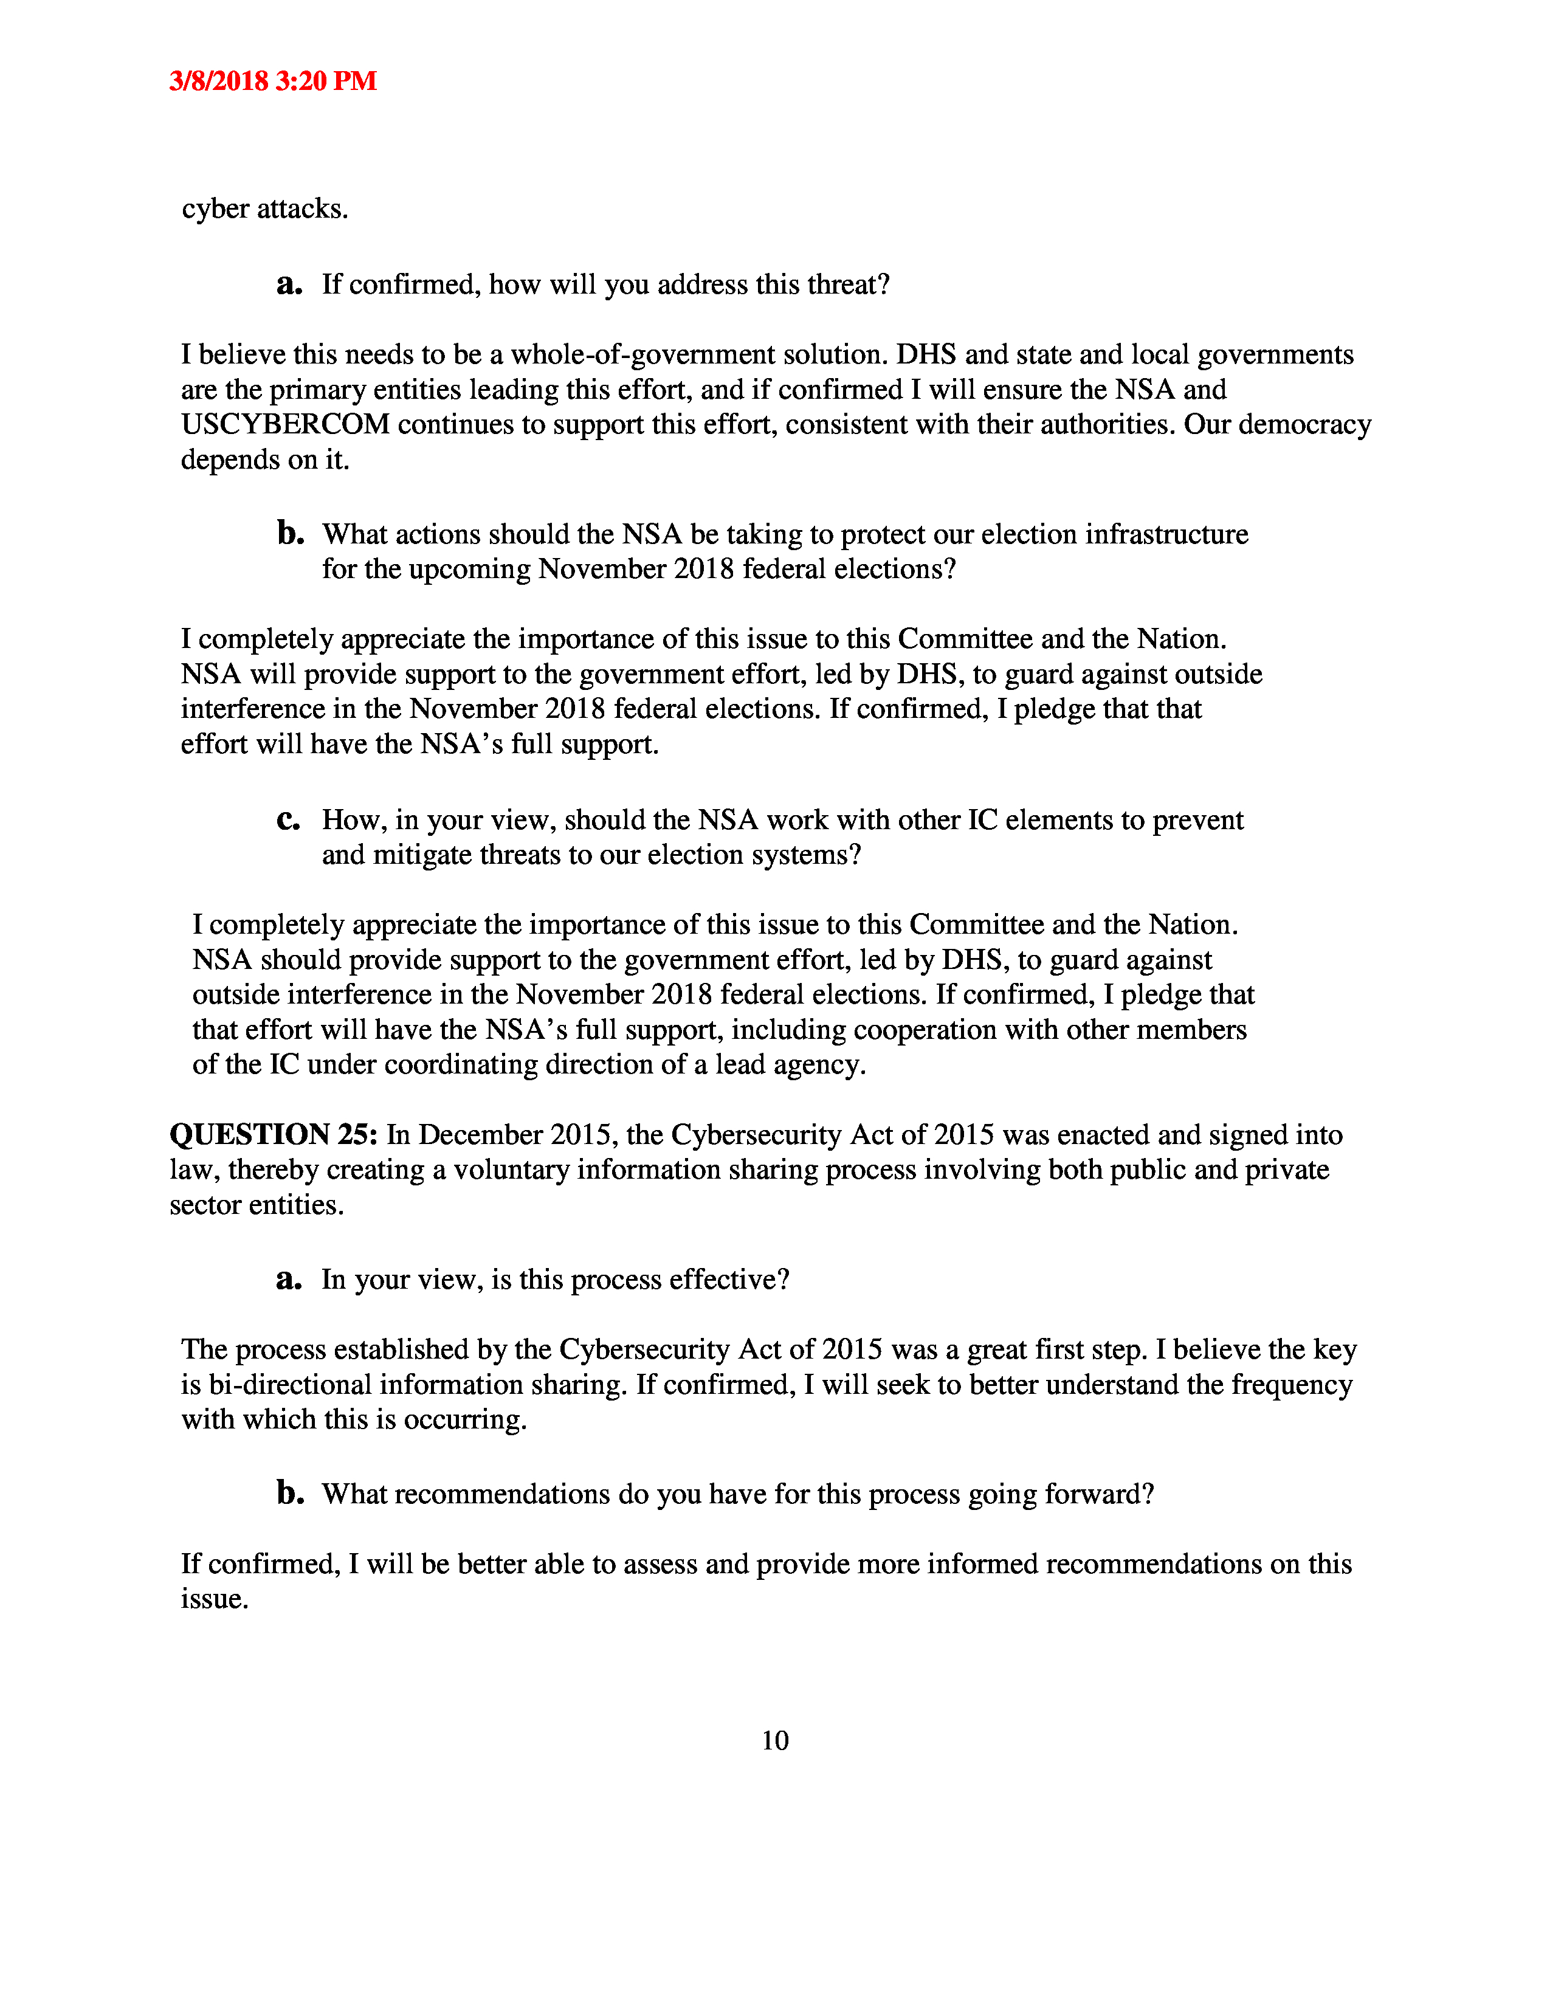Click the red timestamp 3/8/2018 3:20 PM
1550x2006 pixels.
pos(273,81)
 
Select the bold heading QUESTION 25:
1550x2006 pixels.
pos(273,1136)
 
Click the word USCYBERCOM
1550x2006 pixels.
pos(286,424)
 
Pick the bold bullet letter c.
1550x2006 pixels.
pos(288,819)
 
